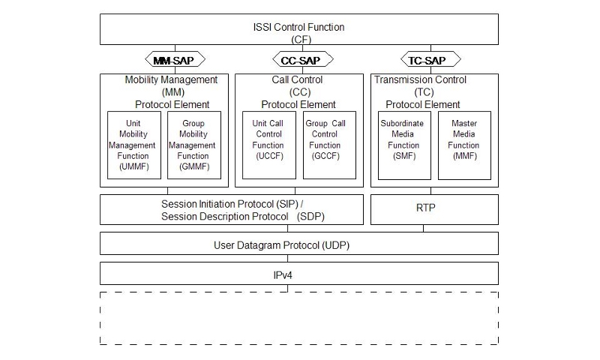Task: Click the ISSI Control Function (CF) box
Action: [x=298, y=32]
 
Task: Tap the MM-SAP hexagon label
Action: [x=174, y=59]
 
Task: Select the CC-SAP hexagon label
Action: [x=298, y=59]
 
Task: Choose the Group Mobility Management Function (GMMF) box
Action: [x=193, y=145]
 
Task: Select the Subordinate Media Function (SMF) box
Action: [x=404, y=145]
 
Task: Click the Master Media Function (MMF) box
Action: [x=464, y=145]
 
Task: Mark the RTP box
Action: [x=434, y=209]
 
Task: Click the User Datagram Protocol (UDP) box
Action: [x=298, y=244]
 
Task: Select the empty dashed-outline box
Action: [x=298, y=318]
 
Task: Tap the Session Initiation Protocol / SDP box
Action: [x=232, y=209]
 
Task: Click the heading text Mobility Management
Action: [x=172, y=79]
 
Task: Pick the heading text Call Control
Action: [x=298, y=79]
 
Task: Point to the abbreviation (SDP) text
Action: [x=311, y=217]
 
